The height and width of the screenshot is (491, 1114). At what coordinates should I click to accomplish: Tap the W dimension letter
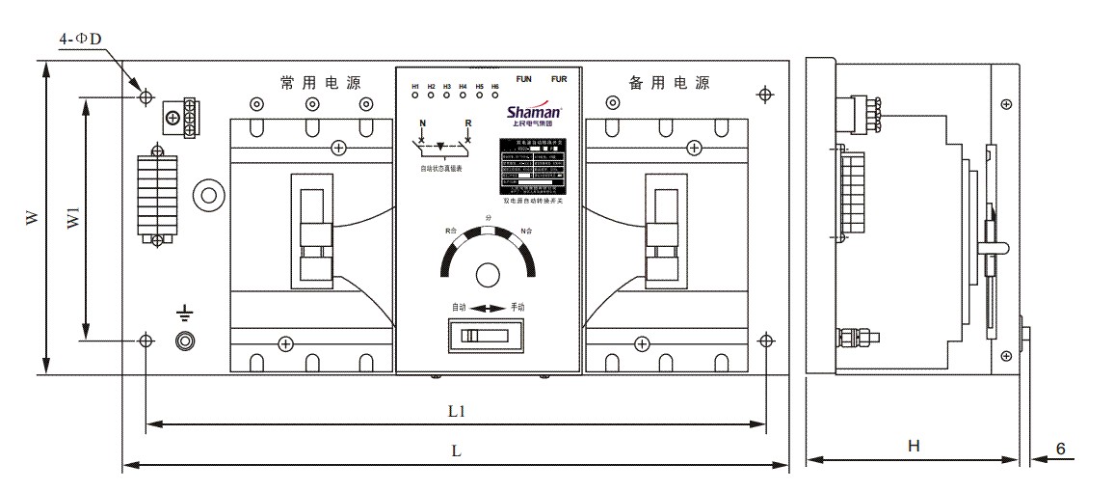coord(32,220)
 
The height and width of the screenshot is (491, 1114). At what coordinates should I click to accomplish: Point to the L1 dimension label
coord(457,411)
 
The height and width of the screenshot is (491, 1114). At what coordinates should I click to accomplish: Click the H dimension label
coord(914,446)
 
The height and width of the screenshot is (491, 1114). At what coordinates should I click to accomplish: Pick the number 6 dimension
coord(1060,449)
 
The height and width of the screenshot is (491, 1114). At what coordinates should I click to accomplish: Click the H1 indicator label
coord(415,88)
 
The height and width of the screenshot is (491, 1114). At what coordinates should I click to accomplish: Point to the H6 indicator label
coord(494,88)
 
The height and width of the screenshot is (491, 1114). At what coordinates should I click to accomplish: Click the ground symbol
coord(184,313)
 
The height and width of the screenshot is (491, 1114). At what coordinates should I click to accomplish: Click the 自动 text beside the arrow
coord(459,307)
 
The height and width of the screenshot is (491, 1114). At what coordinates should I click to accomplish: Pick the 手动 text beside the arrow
coord(518,307)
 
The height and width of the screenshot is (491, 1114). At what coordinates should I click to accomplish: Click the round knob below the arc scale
coord(489,275)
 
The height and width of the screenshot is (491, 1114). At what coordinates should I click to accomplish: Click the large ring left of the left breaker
coord(206,196)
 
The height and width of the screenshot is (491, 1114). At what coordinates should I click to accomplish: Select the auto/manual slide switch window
coord(481,336)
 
